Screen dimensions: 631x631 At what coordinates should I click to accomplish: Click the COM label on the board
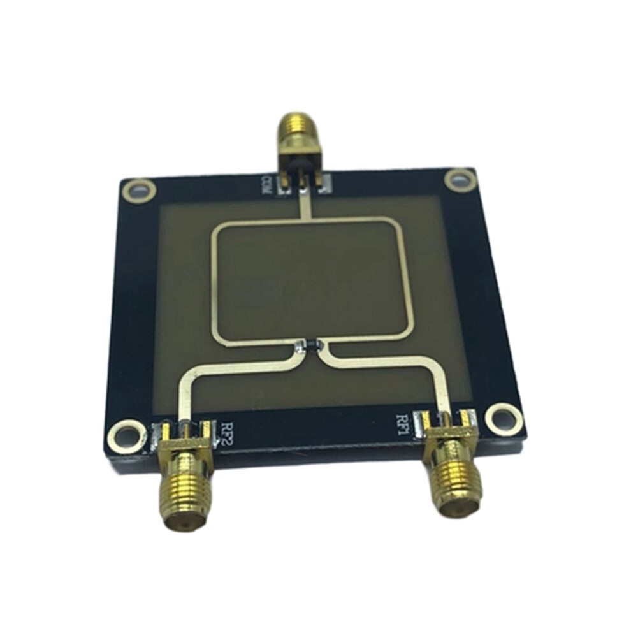[x=267, y=185]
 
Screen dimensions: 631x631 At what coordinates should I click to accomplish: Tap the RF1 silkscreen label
[x=403, y=424]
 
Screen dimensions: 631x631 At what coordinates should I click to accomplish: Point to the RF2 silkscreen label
[x=229, y=432]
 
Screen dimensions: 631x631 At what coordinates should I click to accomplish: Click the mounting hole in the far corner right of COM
[x=460, y=179]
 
